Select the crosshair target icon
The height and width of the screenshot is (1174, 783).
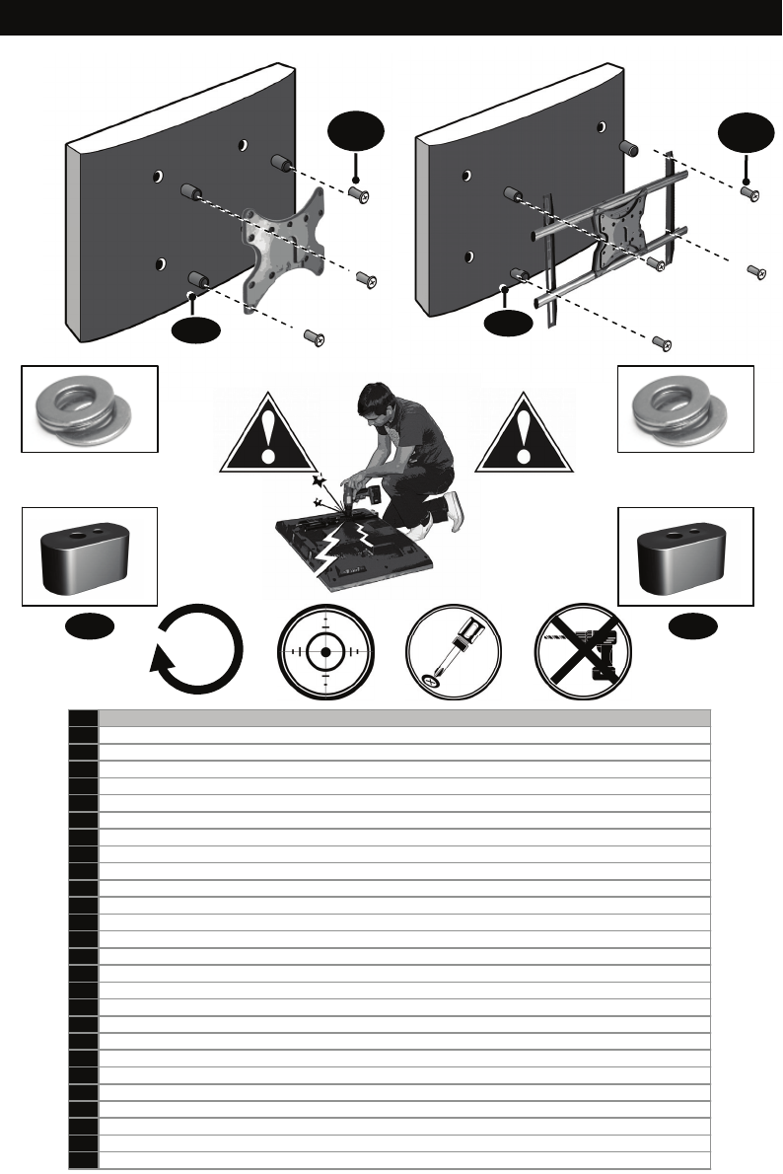325,651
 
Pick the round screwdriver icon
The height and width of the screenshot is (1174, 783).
455,651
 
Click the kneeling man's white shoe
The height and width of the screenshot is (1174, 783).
454,511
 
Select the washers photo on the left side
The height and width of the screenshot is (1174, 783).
90,408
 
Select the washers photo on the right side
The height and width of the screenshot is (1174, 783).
685,408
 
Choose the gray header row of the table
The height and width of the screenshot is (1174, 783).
404,717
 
